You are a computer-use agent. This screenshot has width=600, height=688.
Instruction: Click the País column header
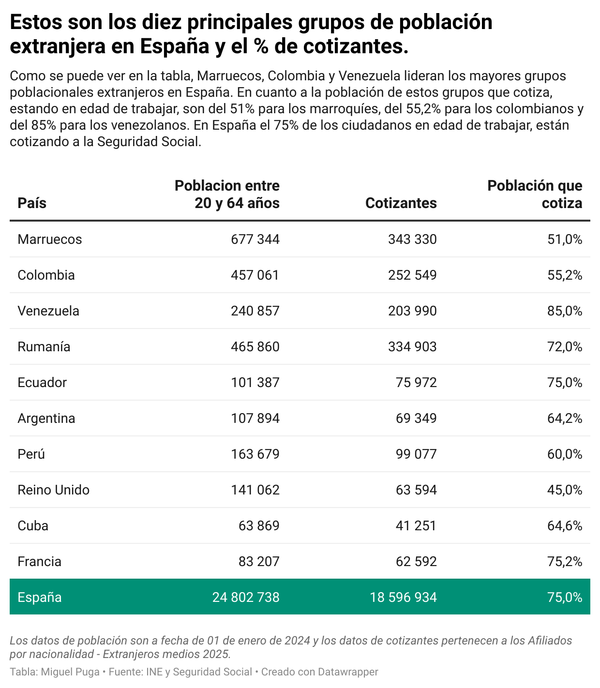(32, 203)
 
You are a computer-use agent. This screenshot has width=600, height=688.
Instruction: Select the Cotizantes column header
(401, 203)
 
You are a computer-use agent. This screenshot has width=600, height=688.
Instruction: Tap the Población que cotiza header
(535, 194)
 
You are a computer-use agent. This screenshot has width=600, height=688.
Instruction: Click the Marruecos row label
(50, 239)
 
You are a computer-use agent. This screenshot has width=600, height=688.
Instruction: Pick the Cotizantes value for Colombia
(412, 275)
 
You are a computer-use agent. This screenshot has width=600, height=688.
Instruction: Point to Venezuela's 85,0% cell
(565, 311)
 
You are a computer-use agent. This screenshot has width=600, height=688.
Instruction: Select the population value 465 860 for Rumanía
(255, 347)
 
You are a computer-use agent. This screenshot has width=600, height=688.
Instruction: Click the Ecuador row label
(42, 383)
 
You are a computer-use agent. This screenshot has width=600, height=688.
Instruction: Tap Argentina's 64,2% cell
(565, 419)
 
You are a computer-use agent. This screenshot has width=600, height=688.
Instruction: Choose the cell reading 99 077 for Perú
(416, 454)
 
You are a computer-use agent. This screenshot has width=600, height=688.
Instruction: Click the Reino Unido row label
(54, 490)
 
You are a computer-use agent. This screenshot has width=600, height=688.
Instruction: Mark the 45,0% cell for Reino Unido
(565, 490)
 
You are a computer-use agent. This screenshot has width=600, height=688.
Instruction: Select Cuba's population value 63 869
(259, 526)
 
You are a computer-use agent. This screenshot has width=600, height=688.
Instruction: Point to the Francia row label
(40, 562)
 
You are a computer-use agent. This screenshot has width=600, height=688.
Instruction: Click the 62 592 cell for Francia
(416, 562)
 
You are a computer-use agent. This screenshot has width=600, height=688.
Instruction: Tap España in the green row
(40, 598)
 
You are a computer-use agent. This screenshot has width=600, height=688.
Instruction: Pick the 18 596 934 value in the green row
(403, 598)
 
